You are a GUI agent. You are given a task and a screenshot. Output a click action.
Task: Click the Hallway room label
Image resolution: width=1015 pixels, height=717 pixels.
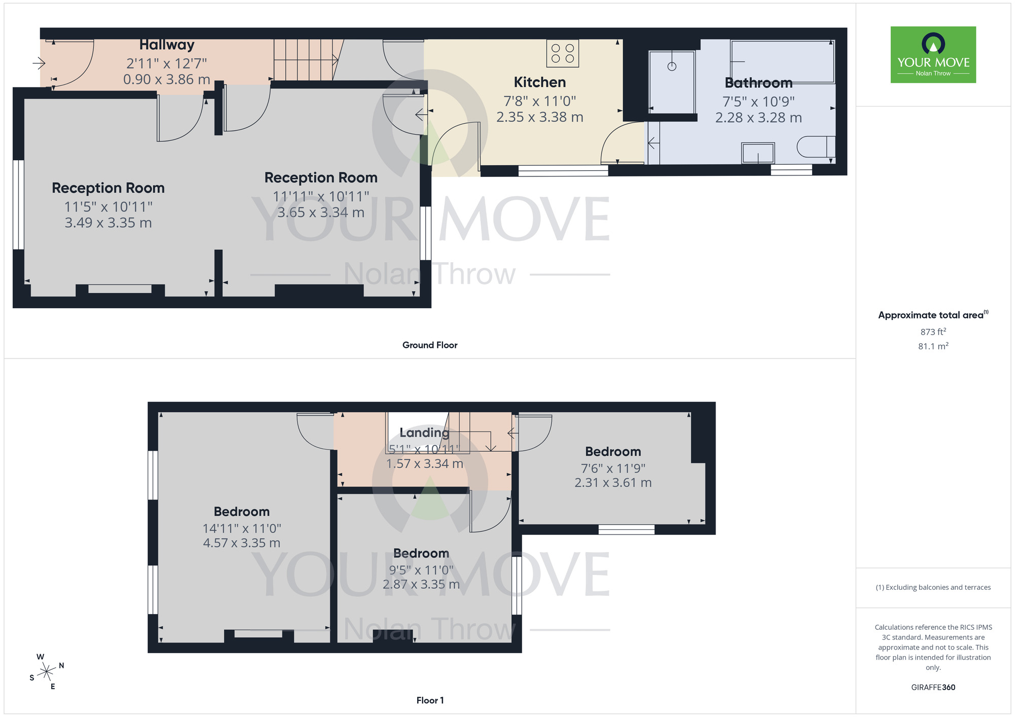click(x=166, y=45)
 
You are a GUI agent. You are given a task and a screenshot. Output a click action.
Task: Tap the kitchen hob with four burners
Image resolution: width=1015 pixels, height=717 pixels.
click(x=562, y=53)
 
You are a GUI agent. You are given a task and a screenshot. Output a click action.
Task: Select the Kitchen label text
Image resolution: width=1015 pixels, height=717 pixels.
click(x=539, y=82)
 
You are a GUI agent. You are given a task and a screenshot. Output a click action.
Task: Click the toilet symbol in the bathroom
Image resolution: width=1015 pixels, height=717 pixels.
click(x=815, y=147)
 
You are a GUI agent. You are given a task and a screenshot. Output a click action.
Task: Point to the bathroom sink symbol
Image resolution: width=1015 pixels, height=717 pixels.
click(x=758, y=153)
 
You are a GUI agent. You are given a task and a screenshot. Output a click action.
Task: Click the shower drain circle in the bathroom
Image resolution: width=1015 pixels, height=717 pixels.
click(x=672, y=66)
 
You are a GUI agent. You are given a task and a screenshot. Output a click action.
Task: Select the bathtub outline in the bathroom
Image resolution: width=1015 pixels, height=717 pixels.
click(x=783, y=61)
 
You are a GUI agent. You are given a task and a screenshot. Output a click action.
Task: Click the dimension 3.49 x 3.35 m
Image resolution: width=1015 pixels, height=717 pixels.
click(x=108, y=223)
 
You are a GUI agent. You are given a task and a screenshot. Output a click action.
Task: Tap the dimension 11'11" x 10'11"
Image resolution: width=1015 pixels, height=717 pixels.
click(x=321, y=196)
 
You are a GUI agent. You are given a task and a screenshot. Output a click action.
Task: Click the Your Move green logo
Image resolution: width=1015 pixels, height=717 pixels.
click(x=933, y=55)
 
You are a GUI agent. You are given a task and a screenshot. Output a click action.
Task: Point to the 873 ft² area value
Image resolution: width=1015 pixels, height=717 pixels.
click(x=933, y=332)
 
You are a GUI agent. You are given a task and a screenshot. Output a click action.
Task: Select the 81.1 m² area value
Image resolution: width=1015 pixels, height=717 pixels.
click(x=933, y=346)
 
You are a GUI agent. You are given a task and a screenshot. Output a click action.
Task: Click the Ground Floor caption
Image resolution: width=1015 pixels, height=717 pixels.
click(x=430, y=345)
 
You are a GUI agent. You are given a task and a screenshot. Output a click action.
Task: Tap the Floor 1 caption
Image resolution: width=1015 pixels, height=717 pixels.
click(x=430, y=700)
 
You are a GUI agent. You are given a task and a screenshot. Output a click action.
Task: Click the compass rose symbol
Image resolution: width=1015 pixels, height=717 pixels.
click(x=47, y=672)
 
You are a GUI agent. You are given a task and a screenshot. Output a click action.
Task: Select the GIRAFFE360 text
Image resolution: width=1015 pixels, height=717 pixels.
click(x=933, y=687)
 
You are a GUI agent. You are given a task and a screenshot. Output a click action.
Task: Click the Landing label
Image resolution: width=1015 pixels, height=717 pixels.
click(x=424, y=433)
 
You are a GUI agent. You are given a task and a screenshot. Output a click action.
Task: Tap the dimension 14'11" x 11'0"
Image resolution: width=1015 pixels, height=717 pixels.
click(x=242, y=528)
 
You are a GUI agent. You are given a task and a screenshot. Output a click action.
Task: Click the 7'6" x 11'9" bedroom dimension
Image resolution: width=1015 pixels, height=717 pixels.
click(x=613, y=469)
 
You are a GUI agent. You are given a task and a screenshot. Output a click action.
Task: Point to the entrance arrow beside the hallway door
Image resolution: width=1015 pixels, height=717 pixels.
click(x=39, y=63)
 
